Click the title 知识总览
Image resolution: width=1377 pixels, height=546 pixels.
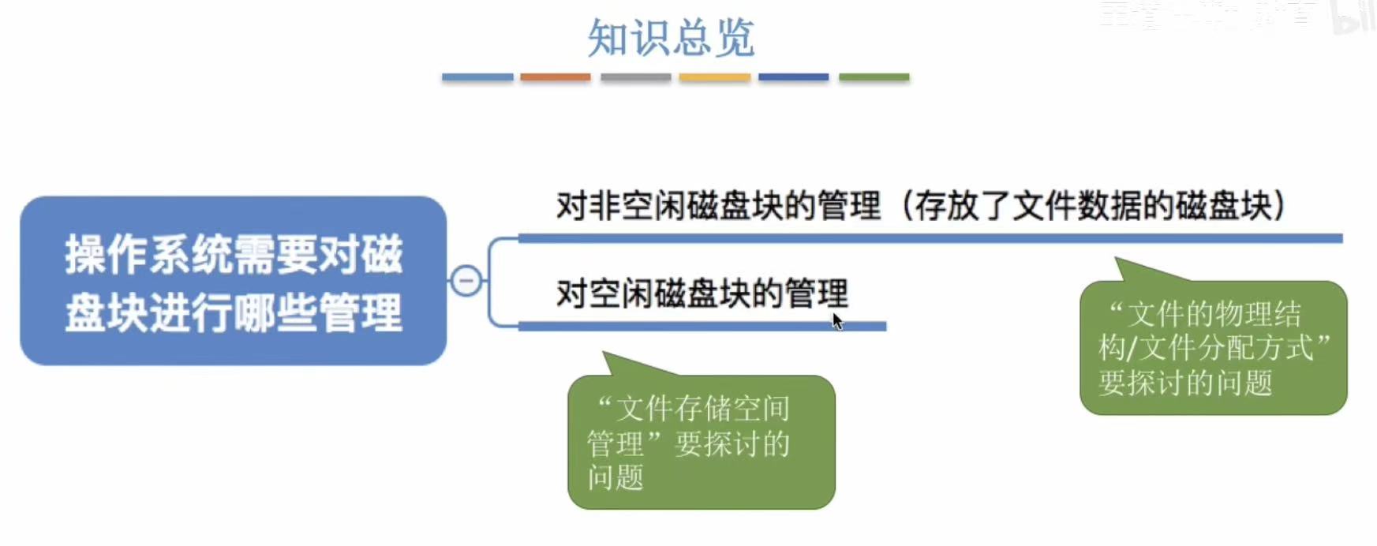click(671, 37)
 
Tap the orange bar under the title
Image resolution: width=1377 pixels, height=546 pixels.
click(556, 77)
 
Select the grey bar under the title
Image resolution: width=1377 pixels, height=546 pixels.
click(635, 77)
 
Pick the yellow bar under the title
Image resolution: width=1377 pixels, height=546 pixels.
click(714, 77)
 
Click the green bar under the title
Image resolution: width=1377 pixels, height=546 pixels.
click(874, 77)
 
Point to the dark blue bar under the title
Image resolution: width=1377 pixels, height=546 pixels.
click(793, 77)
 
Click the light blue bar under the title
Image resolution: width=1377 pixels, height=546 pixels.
click(477, 77)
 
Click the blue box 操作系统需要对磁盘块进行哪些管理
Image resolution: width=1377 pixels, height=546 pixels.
click(234, 281)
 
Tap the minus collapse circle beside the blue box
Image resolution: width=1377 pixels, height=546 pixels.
click(466, 281)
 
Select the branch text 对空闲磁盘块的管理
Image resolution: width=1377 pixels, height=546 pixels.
click(702, 294)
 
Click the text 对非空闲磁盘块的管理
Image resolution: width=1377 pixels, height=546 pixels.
click(718, 206)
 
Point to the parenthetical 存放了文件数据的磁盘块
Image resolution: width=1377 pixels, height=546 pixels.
click(1094, 206)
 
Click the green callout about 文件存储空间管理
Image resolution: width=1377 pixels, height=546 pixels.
click(701, 442)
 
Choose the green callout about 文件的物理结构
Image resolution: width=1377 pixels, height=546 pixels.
click(1213, 348)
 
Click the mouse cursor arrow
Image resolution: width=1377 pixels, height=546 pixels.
click(836, 320)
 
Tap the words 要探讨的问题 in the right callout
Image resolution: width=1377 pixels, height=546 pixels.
click(1185, 383)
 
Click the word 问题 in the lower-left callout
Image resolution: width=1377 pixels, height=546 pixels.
click(616, 477)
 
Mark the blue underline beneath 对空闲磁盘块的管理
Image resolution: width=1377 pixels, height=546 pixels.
click(702, 326)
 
